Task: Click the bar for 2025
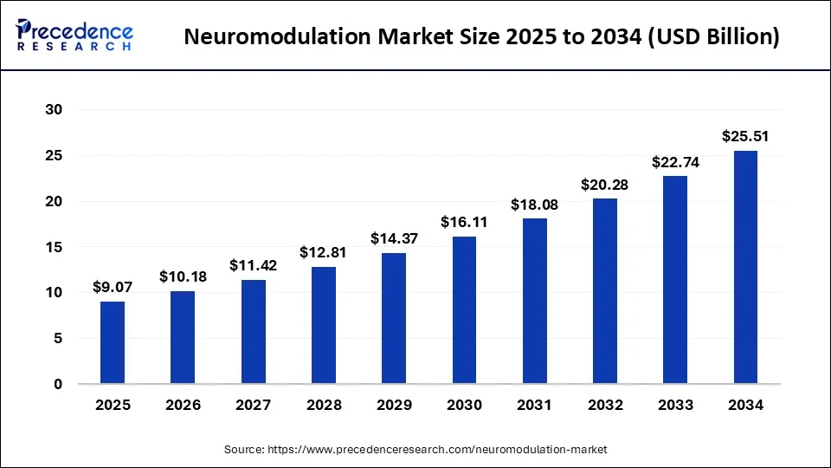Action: coord(113,342)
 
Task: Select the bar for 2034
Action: coord(745,267)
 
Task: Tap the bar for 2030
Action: coord(464,310)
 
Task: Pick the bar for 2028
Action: coord(324,325)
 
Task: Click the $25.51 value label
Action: coord(745,136)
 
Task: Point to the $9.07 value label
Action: coord(113,287)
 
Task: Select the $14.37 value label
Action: coord(394,237)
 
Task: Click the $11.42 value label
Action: coord(253,265)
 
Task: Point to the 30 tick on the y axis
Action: coord(54,110)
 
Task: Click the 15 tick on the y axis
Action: coord(54,247)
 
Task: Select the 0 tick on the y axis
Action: coord(58,384)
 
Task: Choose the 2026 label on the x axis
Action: coord(183,405)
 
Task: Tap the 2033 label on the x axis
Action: coord(675,405)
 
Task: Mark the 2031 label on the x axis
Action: coord(534,405)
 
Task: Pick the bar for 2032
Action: coord(605,291)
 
